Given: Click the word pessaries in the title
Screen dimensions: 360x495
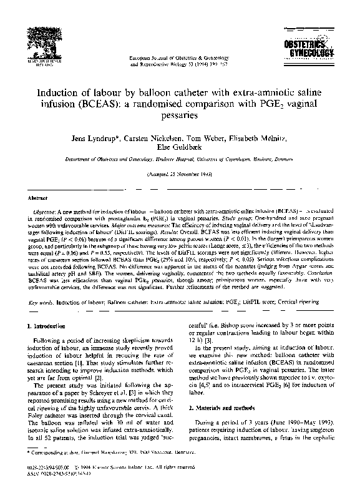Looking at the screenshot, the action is (x=180, y=115).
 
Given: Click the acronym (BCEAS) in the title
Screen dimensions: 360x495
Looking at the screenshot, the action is (x=140, y=104).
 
